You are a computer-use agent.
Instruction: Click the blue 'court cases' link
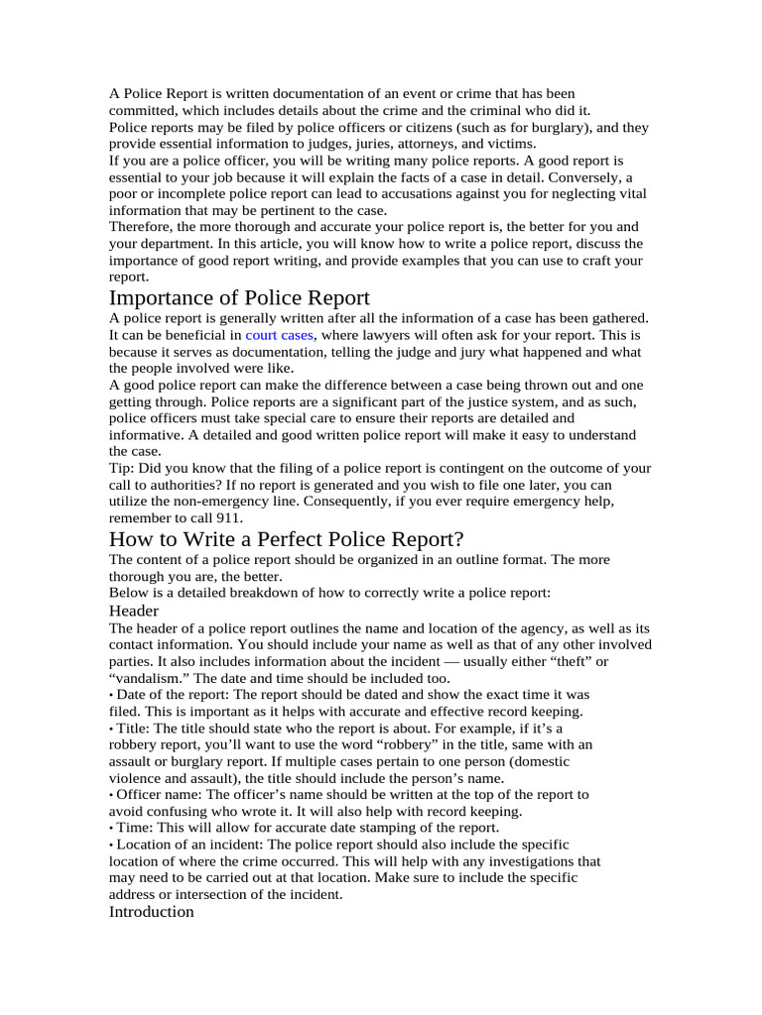click(279, 335)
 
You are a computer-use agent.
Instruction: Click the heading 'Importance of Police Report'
click(239, 297)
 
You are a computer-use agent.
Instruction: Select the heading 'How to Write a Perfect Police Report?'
click(286, 539)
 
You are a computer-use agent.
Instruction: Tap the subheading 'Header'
click(134, 612)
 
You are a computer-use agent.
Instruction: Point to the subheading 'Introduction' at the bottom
click(151, 911)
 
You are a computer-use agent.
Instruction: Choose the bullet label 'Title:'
click(135, 728)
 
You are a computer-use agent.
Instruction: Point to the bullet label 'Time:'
click(135, 828)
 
